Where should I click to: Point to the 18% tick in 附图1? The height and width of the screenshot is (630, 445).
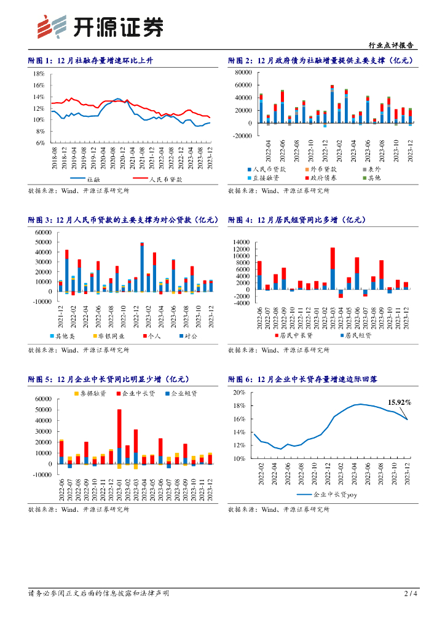click(x=39, y=73)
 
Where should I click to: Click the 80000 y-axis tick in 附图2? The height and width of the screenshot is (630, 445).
click(x=242, y=73)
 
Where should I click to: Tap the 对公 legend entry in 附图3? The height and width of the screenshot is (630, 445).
click(x=187, y=337)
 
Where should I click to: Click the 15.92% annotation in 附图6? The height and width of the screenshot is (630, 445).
click(x=399, y=402)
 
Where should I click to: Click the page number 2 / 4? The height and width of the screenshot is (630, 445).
click(x=411, y=594)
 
